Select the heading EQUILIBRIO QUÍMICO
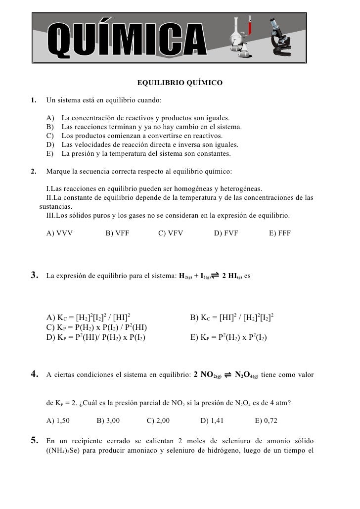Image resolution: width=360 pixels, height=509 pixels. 180,83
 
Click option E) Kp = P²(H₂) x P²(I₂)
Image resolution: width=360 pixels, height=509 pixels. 229,338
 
